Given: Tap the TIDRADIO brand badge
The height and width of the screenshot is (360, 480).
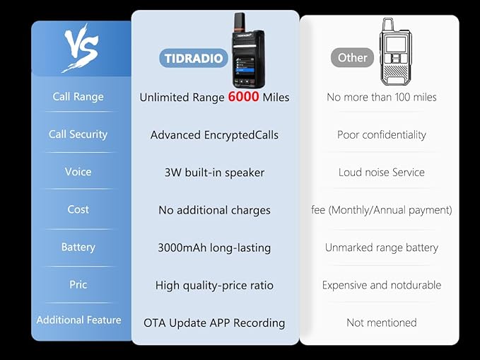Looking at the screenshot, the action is pos(194,58).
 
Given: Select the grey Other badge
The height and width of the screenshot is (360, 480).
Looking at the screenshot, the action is pos(352,57).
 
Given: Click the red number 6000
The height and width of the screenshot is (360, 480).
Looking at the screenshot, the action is pos(244,96).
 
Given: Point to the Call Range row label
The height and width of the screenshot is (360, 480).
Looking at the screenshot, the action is pos(78,96).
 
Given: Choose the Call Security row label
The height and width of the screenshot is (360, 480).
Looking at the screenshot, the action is pos(78,134).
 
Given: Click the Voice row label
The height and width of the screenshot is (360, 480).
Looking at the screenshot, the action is pos(78,172).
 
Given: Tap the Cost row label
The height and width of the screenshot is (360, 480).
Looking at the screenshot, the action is pos(78,209).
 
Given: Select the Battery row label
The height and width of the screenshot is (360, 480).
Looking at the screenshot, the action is pos(78,247).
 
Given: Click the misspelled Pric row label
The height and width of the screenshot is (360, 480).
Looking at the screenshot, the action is pos(78,284).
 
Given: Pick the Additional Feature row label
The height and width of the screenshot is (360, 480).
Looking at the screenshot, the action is pos(78,320).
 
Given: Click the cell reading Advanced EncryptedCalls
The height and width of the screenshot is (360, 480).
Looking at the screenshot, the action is pos(214,135).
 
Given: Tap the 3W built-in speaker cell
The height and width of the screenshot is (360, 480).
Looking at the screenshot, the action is pos(214,173).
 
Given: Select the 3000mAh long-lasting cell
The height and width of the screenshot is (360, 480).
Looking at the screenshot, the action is pos(214,248).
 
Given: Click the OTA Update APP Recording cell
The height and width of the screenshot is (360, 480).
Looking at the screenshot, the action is pos(214,323).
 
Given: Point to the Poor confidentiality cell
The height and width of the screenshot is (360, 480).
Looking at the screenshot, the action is pos(382,134).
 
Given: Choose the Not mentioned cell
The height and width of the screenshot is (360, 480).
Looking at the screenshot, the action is pos(382,323).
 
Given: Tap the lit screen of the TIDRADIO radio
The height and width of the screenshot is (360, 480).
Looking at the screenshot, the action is pos(244,67).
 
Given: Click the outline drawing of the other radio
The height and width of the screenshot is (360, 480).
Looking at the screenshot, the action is pos(395,52).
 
